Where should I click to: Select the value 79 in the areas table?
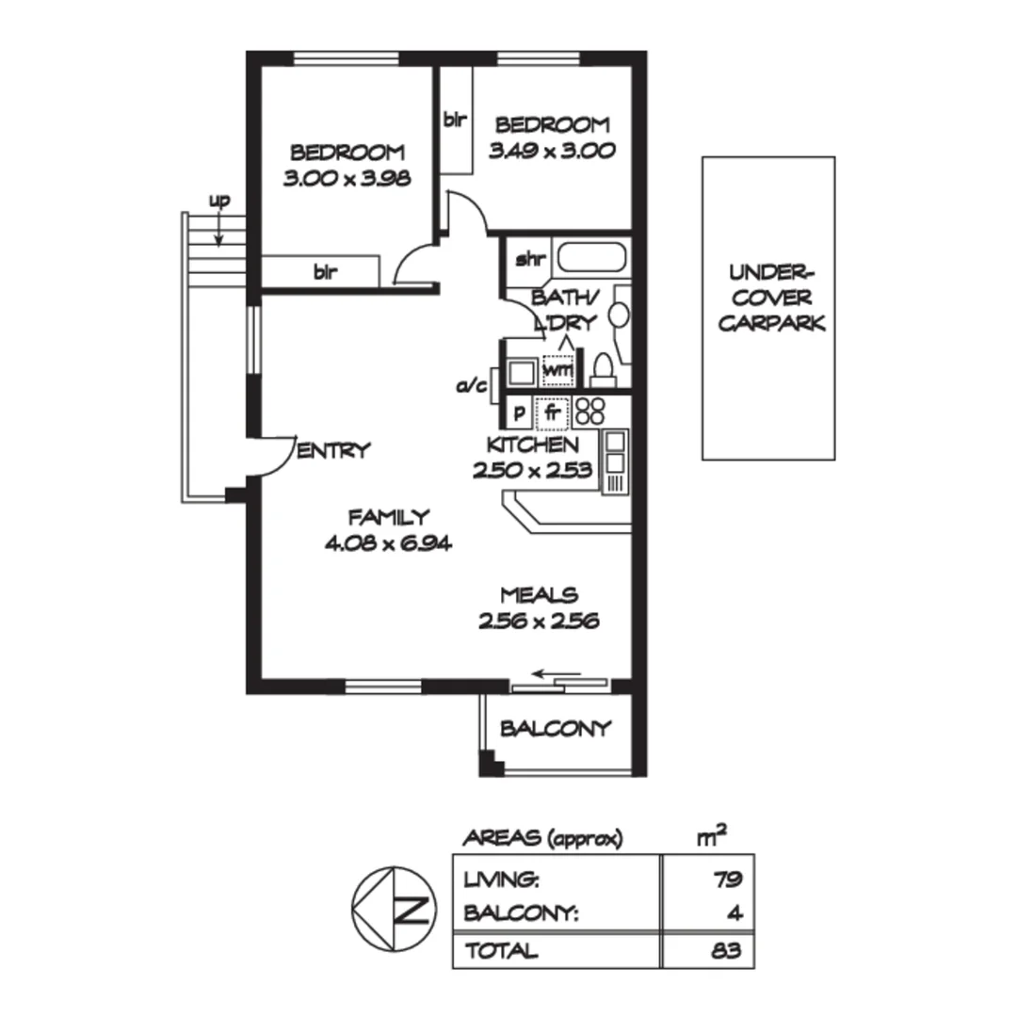tap(727, 880)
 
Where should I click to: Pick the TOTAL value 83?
tap(727, 950)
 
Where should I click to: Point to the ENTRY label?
tap(333, 451)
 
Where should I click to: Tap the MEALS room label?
tap(539, 595)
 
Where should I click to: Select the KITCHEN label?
tap(532, 444)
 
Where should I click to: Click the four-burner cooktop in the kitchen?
tap(589, 411)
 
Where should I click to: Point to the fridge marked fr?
tap(553, 412)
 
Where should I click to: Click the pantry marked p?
tap(518, 412)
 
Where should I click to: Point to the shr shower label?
tap(525, 259)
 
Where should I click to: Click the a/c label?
tap(470, 386)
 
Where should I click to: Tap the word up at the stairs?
tap(218, 201)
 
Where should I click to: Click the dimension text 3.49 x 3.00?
tap(552, 150)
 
